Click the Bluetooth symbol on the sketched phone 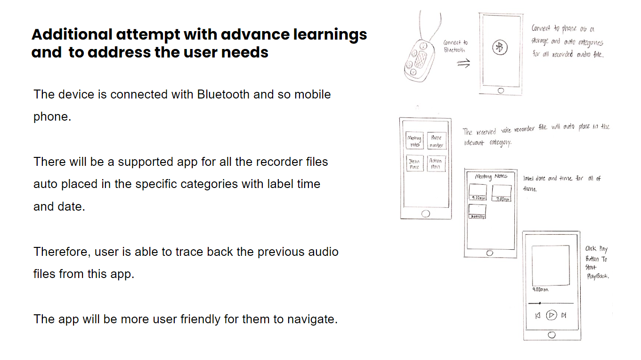500,47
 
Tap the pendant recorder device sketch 417,59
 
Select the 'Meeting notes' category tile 414,141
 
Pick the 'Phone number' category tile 436,141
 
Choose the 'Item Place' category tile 414,164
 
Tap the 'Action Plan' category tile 436,164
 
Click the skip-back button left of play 537,315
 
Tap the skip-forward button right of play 564,315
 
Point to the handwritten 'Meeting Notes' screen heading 491,176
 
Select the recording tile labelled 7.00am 501,193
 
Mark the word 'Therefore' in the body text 61,252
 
